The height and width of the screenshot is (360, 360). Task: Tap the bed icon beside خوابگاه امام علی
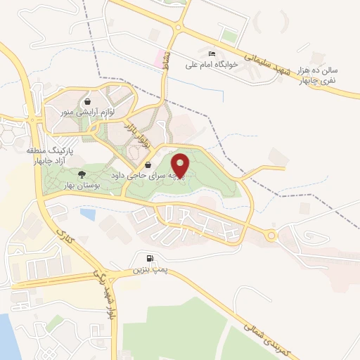(212, 53)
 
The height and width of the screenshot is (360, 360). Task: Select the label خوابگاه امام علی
(212, 64)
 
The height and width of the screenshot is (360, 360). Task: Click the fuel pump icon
(149, 259)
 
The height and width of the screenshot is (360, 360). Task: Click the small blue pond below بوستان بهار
(87, 212)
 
